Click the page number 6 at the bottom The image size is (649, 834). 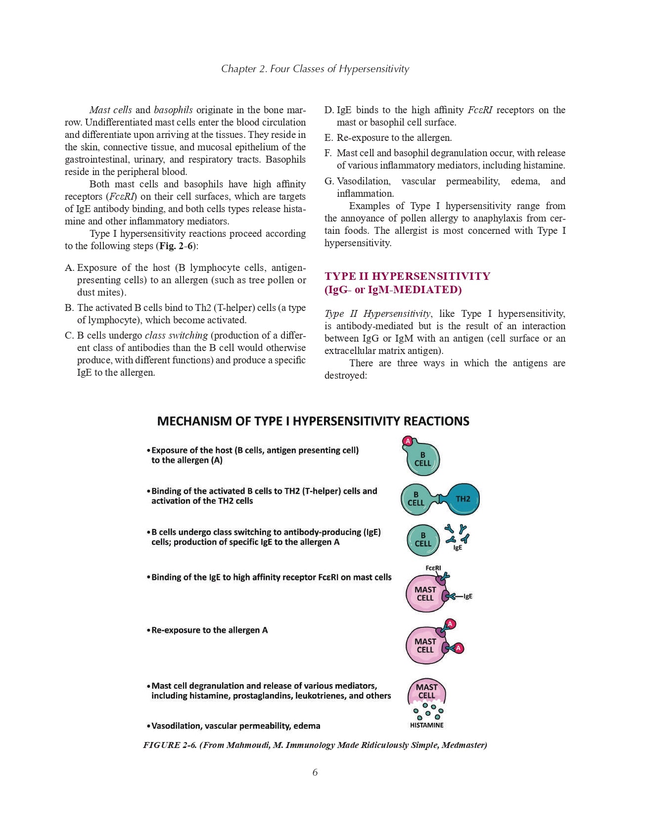[x=315, y=772]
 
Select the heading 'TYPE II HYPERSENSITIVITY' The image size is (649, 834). [x=407, y=276]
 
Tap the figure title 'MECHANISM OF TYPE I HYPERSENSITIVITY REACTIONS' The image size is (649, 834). [x=313, y=421]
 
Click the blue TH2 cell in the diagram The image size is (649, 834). [x=463, y=499]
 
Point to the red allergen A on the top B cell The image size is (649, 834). [x=408, y=441]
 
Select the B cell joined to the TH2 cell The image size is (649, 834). [x=416, y=499]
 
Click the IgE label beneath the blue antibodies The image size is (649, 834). [x=458, y=548]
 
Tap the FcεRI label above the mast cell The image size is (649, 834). [x=433, y=568]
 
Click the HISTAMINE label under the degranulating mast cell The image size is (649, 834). [x=426, y=725]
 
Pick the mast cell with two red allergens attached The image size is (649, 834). [x=425, y=645]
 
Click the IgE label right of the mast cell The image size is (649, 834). [x=467, y=596]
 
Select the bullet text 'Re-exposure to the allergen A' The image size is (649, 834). [x=209, y=630]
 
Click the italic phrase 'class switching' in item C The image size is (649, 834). [x=176, y=335]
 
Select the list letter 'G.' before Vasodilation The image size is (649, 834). [x=329, y=181]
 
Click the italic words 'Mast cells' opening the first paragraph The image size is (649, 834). [x=110, y=110]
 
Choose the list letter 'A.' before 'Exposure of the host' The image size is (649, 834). [x=69, y=267]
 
